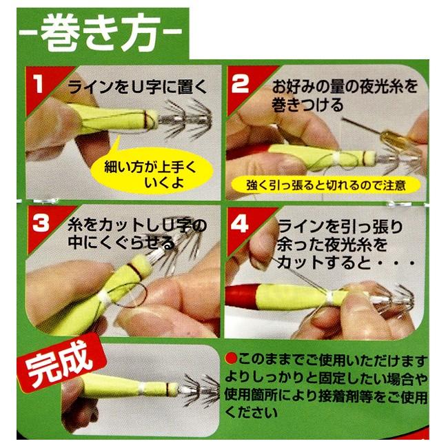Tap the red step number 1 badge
point(39,85)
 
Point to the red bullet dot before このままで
point(231,359)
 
